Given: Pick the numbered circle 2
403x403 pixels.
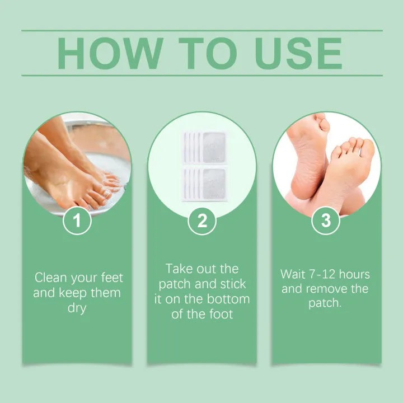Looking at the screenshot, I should pyautogui.click(x=202, y=221).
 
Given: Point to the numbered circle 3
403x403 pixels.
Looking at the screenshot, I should pyautogui.click(x=326, y=221).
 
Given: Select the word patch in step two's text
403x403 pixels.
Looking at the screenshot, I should pyautogui.click(x=175, y=284).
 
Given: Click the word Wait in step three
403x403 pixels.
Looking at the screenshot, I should pyautogui.click(x=293, y=274).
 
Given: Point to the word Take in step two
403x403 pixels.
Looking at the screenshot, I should pyautogui.click(x=179, y=269).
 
